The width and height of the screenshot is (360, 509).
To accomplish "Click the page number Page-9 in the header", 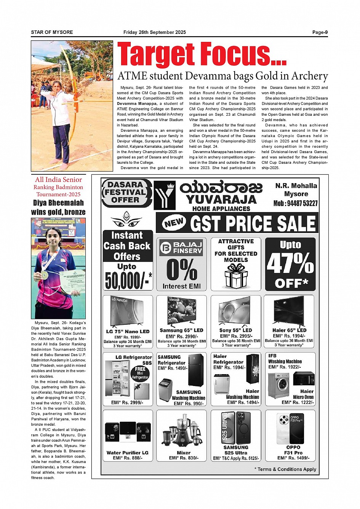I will (x=320, y=32).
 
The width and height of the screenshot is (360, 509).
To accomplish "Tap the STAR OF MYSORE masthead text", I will (x=52, y=32).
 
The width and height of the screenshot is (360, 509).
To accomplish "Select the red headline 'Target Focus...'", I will (x=202, y=55).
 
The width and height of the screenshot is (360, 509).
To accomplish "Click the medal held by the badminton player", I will (x=45, y=274).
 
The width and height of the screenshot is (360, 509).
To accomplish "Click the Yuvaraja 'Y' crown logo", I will (x=165, y=195).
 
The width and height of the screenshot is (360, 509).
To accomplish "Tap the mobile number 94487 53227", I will (x=295, y=203).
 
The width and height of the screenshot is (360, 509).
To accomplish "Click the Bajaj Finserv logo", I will (x=181, y=248).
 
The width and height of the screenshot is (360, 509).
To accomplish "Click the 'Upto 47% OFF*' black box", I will (x=290, y=264).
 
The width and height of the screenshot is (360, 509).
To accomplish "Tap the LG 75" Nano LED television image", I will (x=127, y=311).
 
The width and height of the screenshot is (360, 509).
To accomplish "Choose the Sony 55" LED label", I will (x=235, y=330).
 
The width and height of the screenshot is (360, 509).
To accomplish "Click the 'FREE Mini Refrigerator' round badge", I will (x=140, y=373).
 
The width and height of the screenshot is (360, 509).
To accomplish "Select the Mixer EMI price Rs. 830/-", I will (x=184, y=458).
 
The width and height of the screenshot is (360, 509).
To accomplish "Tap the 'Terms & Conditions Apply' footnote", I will (x=285, y=469).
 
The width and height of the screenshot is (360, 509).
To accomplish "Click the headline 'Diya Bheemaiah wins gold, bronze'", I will (x=58, y=207).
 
